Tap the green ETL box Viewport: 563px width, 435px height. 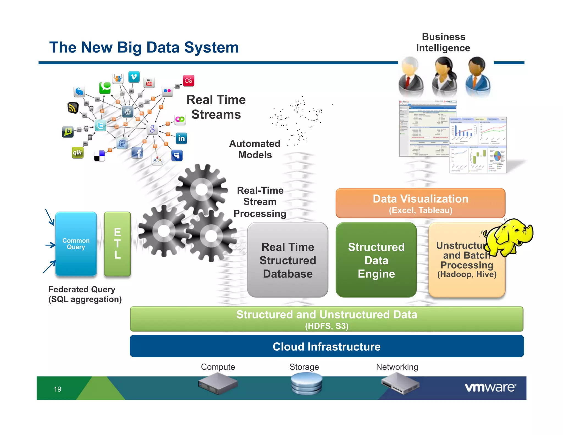click(117, 244)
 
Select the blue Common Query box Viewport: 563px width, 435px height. click(76, 244)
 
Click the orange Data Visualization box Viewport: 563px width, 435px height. click(420, 203)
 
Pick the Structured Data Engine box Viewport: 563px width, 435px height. click(376, 260)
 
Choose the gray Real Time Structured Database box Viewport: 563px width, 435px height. click(288, 260)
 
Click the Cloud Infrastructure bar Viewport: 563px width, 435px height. click(327, 346)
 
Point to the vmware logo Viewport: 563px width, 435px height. click(490, 387)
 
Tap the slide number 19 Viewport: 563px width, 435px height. click(57, 389)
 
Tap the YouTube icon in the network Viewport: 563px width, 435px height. click(149, 82)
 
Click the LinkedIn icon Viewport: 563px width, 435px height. click(181, 138)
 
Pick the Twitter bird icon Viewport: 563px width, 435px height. click(100, 126)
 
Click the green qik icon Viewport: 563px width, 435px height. click(78, 153)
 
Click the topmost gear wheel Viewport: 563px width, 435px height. click(202, 189)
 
